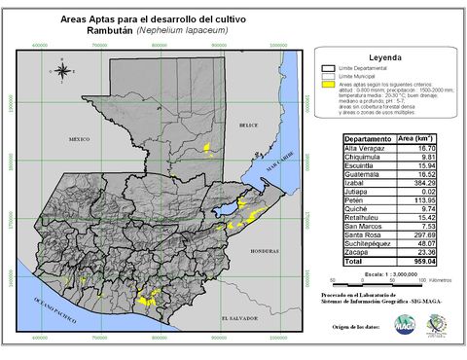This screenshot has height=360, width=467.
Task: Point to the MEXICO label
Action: [85, 139]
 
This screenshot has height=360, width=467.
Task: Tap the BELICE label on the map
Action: [249, 125]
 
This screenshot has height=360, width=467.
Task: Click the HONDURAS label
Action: [264, 250]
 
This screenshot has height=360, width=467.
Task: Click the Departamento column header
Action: [369, 139]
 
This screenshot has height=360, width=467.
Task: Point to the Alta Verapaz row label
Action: [366, 148]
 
